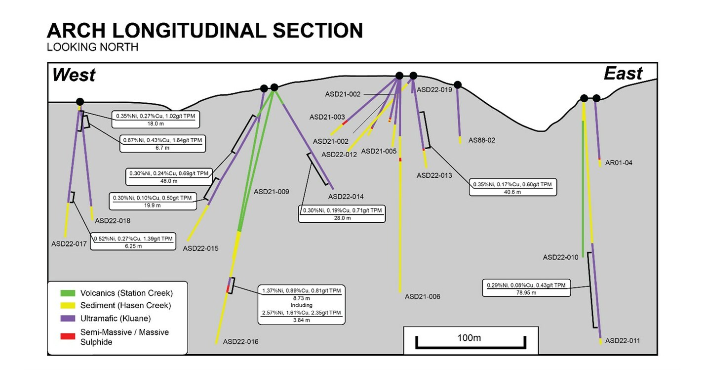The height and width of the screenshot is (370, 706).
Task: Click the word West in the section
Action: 74,75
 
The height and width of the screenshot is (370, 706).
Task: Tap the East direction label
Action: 623,74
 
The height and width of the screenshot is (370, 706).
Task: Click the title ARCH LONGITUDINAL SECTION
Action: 205,31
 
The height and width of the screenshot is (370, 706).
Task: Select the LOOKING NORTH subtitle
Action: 92,47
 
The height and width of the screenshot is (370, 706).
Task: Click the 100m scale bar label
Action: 469,338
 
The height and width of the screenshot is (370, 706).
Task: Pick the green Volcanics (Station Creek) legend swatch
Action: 68,293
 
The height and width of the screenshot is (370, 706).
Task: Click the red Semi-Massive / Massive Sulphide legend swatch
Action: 68,336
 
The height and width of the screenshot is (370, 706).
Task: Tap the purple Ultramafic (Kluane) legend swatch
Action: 68,318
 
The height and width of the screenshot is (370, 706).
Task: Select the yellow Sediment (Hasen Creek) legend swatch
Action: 68,305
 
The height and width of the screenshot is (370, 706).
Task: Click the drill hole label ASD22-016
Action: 240,342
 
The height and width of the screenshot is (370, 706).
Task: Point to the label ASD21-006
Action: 422,296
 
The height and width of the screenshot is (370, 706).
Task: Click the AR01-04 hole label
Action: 619,163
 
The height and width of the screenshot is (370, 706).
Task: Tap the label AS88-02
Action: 481,140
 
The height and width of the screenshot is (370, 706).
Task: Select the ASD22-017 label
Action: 69,244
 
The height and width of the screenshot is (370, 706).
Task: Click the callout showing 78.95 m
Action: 526,288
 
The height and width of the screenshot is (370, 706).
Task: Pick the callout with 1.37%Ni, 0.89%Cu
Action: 302,305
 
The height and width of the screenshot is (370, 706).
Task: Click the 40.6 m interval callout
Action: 513,187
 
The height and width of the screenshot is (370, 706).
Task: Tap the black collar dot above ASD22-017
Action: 80,102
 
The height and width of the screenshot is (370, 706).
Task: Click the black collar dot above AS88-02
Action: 458,84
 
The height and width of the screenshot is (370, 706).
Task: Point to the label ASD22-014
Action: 346,197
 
